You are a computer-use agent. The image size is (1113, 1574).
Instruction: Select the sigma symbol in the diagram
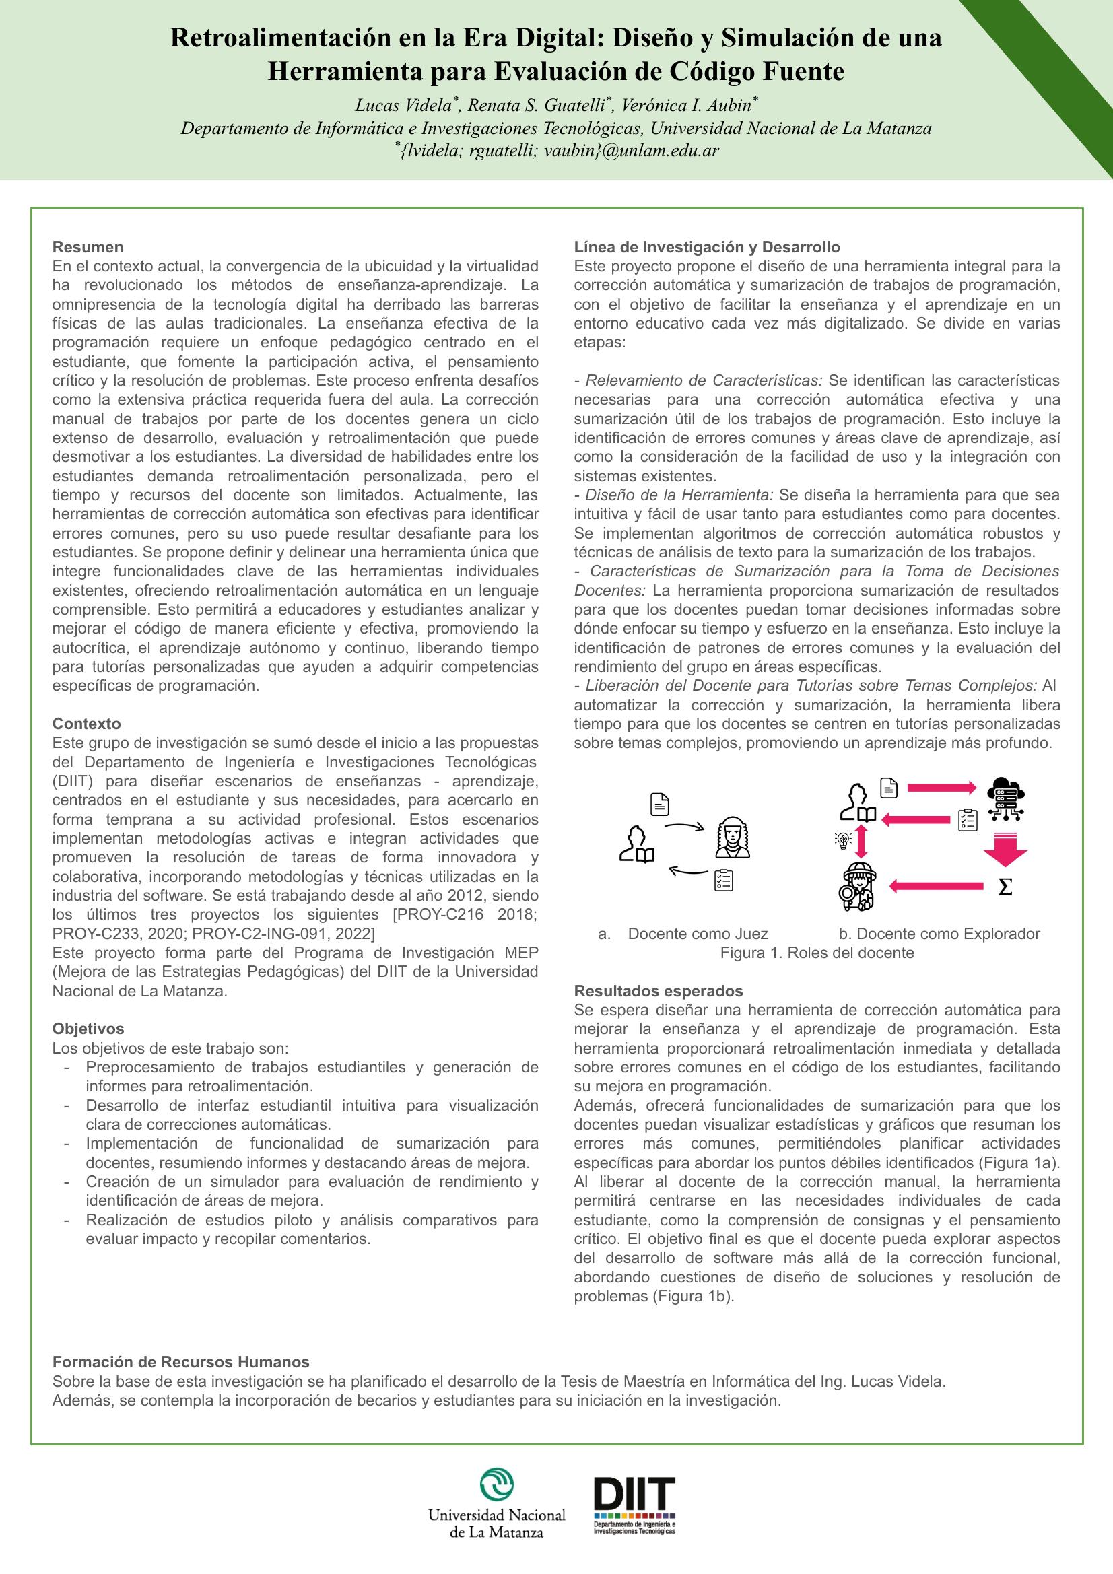tap(1005, 887)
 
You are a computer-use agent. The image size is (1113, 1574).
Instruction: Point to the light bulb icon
tap(842, 840)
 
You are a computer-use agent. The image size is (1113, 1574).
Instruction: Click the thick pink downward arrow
tap(1005, 849)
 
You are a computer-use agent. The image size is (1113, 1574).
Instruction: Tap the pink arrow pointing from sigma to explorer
tap(935, 887)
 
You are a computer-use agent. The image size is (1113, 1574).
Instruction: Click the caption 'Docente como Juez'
tap(698, 934)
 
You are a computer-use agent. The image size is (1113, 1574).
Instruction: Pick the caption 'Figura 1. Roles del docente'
tap(817, 953)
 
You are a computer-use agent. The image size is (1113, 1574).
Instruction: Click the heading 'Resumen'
tap(88, 247)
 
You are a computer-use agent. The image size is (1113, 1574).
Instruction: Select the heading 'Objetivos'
tap(88, 1028)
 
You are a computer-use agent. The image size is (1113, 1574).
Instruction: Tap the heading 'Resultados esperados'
tap(659, 990)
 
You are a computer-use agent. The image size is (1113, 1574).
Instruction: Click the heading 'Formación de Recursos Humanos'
tap(181, 1361)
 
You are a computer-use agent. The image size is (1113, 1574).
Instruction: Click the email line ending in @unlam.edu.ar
tap(557, 151)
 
